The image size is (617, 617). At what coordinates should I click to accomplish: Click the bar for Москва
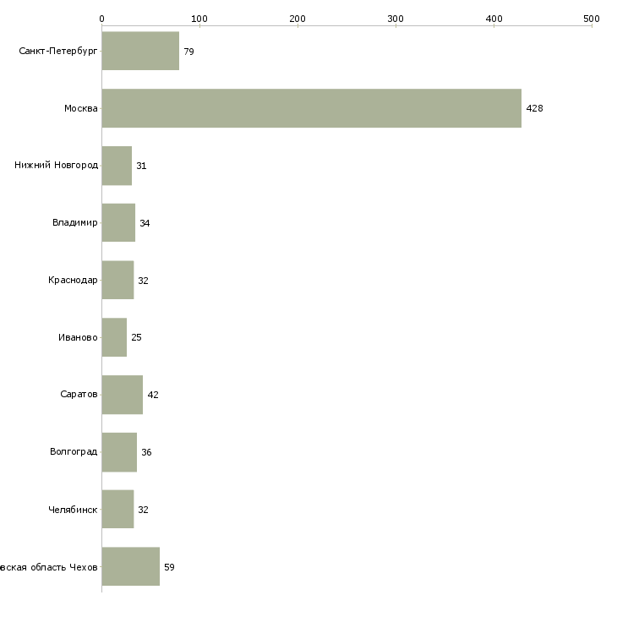[x=311, y=108]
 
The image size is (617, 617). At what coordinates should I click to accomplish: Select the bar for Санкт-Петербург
[x=140, y=51]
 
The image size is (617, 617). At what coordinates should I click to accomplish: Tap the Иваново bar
[x=114, y=337]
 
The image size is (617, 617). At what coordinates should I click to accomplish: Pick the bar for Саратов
[x=122, y=395]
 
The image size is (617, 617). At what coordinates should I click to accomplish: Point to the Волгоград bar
[x=119, y=452]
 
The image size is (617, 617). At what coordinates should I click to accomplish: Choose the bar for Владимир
[x=118, y=223]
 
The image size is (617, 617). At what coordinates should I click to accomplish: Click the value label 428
[x=534, y=109]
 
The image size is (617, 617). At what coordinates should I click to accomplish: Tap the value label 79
[x=188, y=52]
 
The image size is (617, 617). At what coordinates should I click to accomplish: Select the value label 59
[x=169, y=567]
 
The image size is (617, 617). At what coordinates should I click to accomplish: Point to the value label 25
[x=136, y=338]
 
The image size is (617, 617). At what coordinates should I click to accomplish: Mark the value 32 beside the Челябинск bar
[x=143, y=510]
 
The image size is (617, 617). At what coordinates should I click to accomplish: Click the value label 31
[x=141, y=167]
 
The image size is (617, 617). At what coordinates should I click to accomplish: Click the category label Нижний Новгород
[x=56, y=166]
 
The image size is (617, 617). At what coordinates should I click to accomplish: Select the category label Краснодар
[x=73, y=281]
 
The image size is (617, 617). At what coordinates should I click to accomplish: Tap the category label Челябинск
[x=74, y=510]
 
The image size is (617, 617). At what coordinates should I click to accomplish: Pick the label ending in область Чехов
[x=49, y=567]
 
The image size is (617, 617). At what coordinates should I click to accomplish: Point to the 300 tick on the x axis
[x=396, y=18]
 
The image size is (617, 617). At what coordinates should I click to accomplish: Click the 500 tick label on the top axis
[x=592, y=18]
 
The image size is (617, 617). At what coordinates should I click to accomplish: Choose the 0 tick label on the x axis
[x=101, y=18]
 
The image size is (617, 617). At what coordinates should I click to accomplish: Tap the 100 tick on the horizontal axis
[x=199, y=18]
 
